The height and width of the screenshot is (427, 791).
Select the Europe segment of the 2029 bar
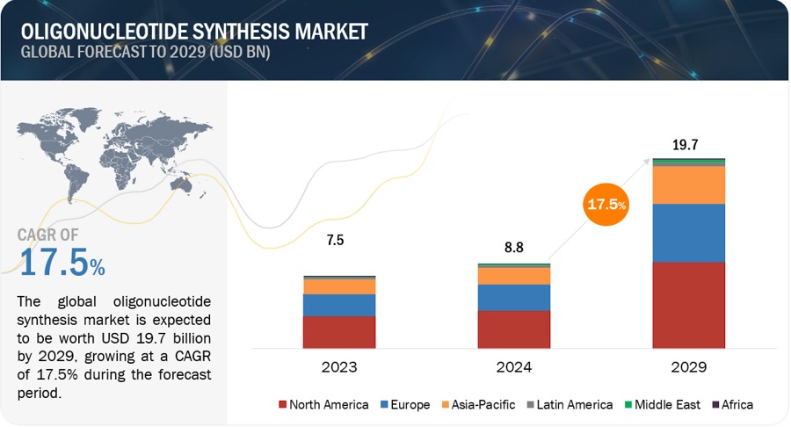pos(689,233)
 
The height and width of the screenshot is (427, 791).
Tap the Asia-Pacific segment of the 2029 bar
pos(689,185)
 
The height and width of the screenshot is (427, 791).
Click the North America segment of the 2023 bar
pos(339,332)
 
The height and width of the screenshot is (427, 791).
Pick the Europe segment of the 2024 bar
pos(514,297)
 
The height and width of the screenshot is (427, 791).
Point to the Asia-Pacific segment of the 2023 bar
pos(339,286)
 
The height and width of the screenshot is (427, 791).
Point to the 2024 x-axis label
pos(514,367)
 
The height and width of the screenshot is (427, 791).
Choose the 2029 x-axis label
pos(689,367)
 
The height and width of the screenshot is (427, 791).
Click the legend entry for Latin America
pos(571,405)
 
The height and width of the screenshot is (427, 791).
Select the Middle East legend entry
pos(666,405)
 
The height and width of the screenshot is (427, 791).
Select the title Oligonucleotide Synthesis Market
pos(195,31)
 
